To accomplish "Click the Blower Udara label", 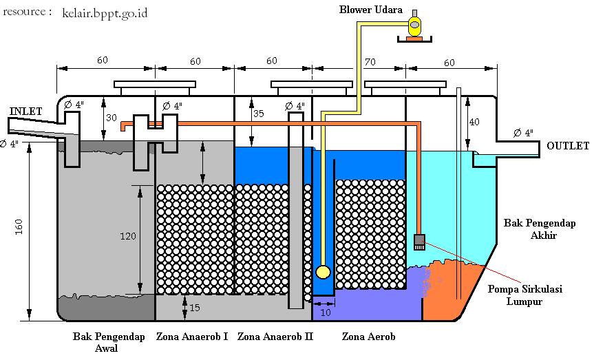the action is click(x=370, y=10).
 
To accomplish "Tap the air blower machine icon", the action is click(x=415, y=25).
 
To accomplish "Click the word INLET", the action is click(x=25, y=111).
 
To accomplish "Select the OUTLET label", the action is click(x=568, y=145).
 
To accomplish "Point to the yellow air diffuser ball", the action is click(x=323, y=272).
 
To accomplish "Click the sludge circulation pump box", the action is click(x=419, y=242).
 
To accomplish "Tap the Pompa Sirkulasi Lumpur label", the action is click(x=524, y=295).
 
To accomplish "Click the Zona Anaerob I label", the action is click(x=192, y=336).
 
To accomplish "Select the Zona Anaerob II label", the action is click(x=275, y=336).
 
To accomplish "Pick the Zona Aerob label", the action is click(x=368, y=336).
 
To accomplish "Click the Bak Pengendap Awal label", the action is click(x=109, y=342).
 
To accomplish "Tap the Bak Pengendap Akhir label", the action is click(x=540, y=229).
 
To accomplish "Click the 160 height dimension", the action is click(x=19, y=226).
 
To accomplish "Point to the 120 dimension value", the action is click(x=127, y=236).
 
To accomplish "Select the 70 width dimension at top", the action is click(x=370, y=62).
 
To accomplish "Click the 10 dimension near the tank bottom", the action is click(x=326, y=313).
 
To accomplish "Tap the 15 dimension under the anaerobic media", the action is click(x=194, y=307).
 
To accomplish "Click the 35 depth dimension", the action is click(x=258, y=114).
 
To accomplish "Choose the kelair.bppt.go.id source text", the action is click(x=105, y=13).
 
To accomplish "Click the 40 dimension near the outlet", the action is click(x=474, y=122).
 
